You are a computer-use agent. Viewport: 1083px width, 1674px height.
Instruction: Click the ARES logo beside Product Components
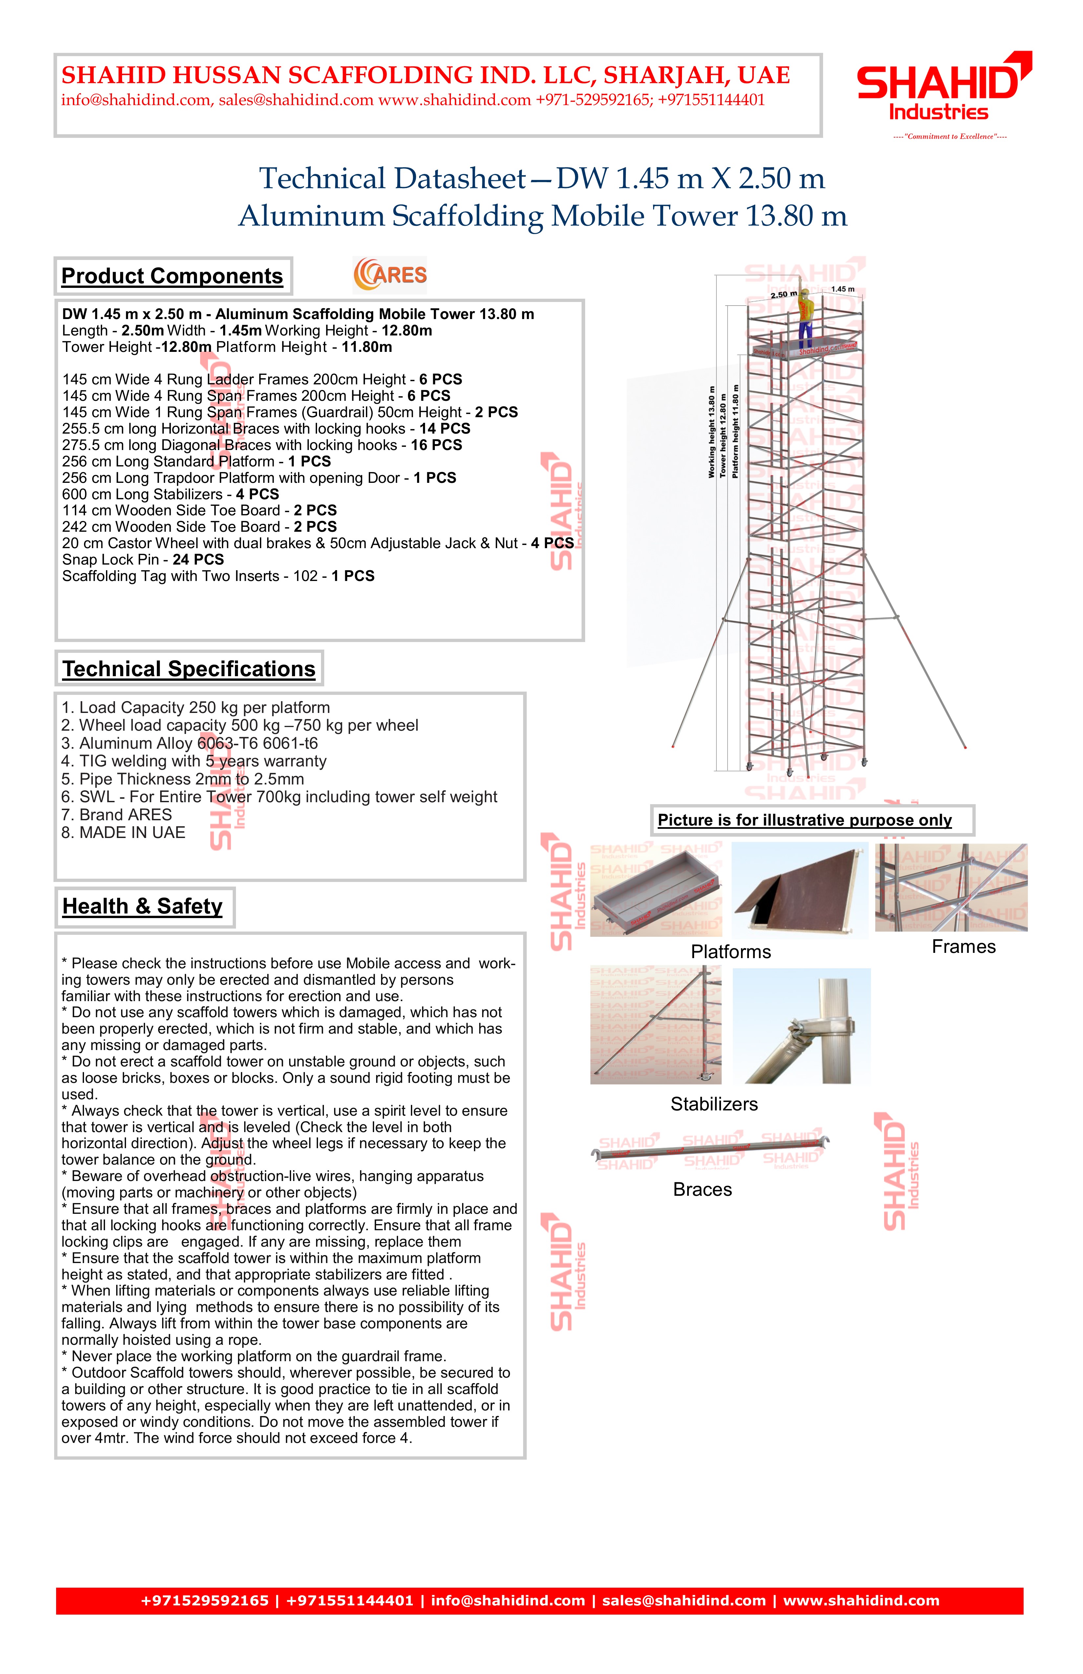point(390,274)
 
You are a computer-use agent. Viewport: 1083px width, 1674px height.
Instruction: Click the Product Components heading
point(172,276)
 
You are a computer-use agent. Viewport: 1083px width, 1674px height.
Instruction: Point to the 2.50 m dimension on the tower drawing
point(783,295)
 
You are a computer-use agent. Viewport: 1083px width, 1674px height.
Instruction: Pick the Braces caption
point(703,1190)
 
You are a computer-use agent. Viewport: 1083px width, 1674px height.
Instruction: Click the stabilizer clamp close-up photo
point(802,1025)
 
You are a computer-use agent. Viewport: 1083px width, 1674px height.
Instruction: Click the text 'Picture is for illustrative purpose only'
point(804,820)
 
